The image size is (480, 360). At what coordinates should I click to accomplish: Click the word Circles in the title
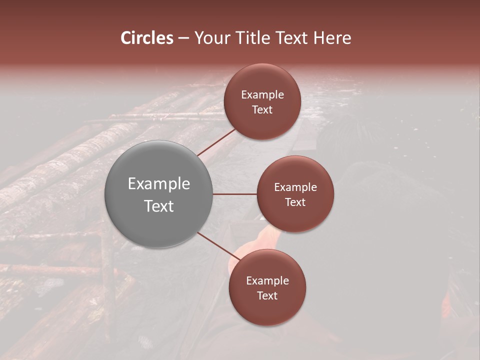pos(146,38)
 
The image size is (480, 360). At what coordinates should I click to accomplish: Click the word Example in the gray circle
pos(159,184)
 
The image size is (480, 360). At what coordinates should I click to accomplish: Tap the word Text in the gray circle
pos(159,206)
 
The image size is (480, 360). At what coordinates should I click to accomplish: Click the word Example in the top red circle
pos(262,95)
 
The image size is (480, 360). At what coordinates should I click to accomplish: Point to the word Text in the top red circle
pos(262,110)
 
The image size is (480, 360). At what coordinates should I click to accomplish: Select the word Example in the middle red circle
pos(295,187)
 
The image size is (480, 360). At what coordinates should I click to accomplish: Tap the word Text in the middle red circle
pos(295,202)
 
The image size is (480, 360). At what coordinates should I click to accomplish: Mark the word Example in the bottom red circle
pos(267,281)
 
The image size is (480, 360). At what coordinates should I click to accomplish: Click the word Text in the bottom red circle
pos(267,296)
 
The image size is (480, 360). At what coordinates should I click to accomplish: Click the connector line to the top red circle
pos(217,142)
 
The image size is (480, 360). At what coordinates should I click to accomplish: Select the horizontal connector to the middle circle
pos(235,194)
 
